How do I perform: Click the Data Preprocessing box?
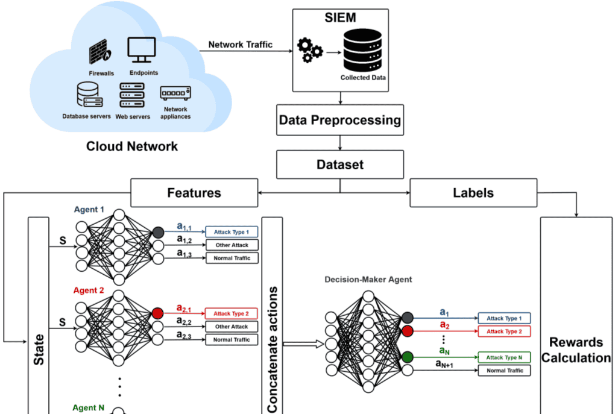(x=339, y=120)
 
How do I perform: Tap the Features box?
(x=194, y=193)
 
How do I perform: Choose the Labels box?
(x=473, y=193)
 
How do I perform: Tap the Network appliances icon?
(x=175, y=93)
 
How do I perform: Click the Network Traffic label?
(x=240, y=44)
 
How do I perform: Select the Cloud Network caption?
(x=132, y=146)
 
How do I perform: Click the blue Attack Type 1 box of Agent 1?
(x=232, y=232)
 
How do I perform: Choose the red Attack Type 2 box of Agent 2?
(x=232, y=313)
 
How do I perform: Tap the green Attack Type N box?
(x=504, y=357)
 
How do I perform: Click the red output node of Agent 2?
(x=158, y=313)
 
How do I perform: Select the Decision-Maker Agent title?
(x=368, y=280)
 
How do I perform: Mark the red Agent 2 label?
(x=89, y=290)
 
